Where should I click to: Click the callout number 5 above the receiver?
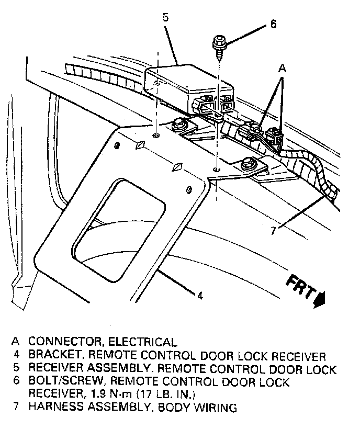point(165,17)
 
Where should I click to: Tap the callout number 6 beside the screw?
point(273,24)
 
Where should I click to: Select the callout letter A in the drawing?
point(282,67)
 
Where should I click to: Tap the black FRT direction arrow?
point(320,299)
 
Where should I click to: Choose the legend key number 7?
point(17,407)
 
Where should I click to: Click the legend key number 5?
point(17,368)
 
